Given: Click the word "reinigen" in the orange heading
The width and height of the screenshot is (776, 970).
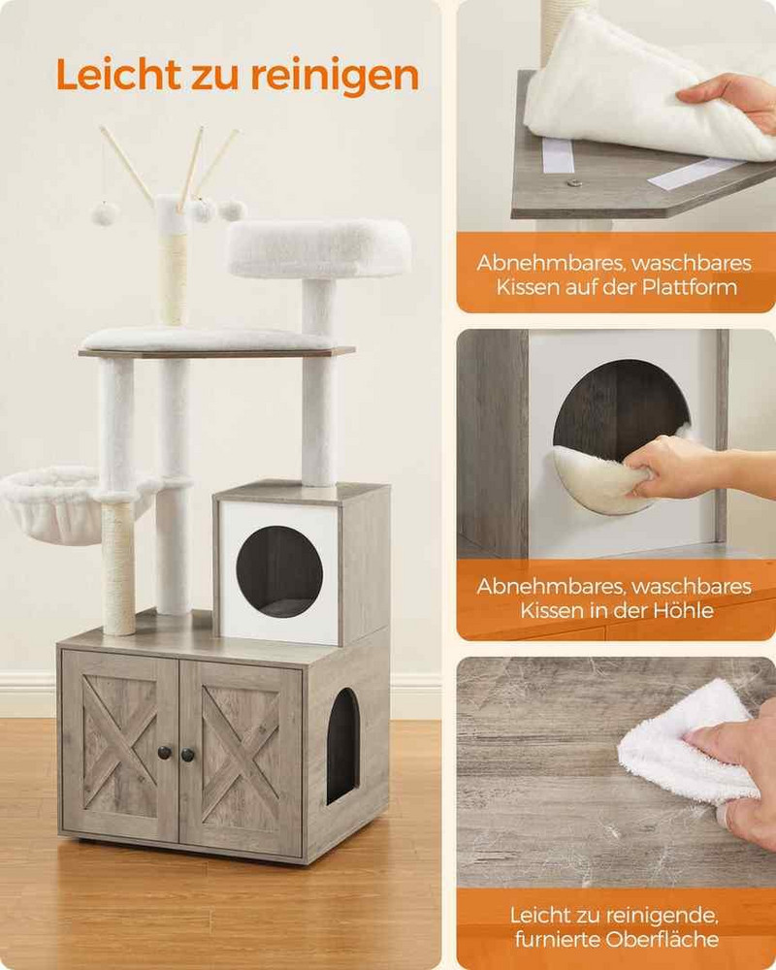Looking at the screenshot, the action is pos(335,76).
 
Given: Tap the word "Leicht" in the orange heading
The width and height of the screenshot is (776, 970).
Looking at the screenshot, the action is pos(117,75).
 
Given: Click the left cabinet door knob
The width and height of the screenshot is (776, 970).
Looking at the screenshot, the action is pos(165,753).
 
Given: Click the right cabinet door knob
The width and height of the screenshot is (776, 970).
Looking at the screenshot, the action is pos(187,755).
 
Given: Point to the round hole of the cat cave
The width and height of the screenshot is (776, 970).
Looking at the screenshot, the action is pos(279,571).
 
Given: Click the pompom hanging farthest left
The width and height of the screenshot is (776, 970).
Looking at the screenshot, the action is pos(105,213).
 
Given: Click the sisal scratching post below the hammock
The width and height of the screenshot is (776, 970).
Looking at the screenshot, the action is pos(118,567).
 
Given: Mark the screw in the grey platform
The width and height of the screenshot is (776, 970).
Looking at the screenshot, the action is pos(575,182).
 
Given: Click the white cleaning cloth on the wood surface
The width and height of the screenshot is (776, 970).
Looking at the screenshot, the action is pos(687,742).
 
